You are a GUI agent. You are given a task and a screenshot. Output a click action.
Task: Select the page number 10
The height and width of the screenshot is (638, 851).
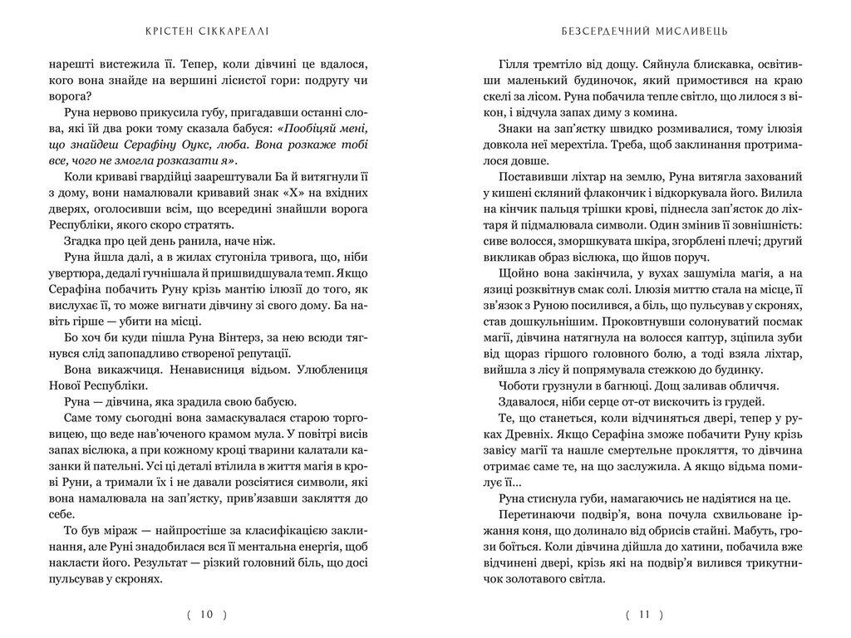[x=208, y=615]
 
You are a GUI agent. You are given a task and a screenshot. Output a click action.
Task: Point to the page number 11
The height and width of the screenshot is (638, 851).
[x=644, y=615]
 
